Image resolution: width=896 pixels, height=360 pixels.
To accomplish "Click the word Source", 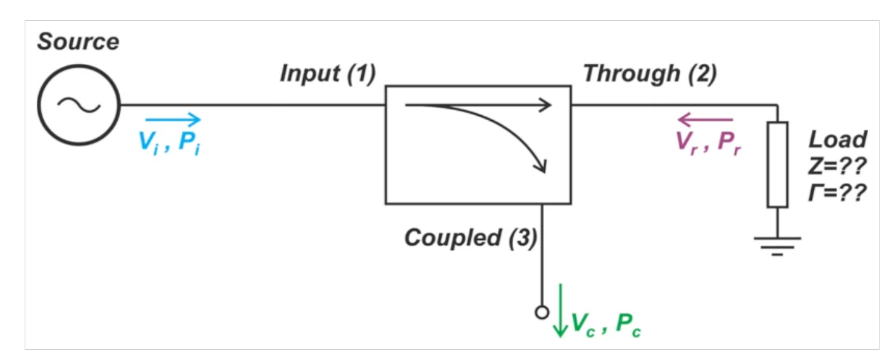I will (x=78, y=42).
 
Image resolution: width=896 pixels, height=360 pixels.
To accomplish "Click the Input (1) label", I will (x=328, y=74).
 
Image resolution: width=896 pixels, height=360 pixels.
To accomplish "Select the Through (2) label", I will (x=650, y=74).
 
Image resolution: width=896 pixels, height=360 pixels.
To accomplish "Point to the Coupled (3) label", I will (x=471, y=238).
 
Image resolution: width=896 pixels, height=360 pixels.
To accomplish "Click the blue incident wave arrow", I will (x=173, y=119).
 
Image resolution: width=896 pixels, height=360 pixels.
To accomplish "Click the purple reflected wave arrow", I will (x=705, y=119).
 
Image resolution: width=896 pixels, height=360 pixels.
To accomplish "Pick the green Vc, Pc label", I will (x=606, y=324).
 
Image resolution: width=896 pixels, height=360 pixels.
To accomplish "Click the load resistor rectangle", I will (x=777, y=164).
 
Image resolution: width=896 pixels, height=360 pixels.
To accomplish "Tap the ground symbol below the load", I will (x=777, y=244).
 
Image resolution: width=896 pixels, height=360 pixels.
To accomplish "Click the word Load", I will (x=838, y=139).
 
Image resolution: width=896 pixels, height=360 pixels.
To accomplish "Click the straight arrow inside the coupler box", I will (x=478, y=106).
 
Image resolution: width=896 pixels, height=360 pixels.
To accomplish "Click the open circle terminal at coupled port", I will (x=541, y=311).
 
